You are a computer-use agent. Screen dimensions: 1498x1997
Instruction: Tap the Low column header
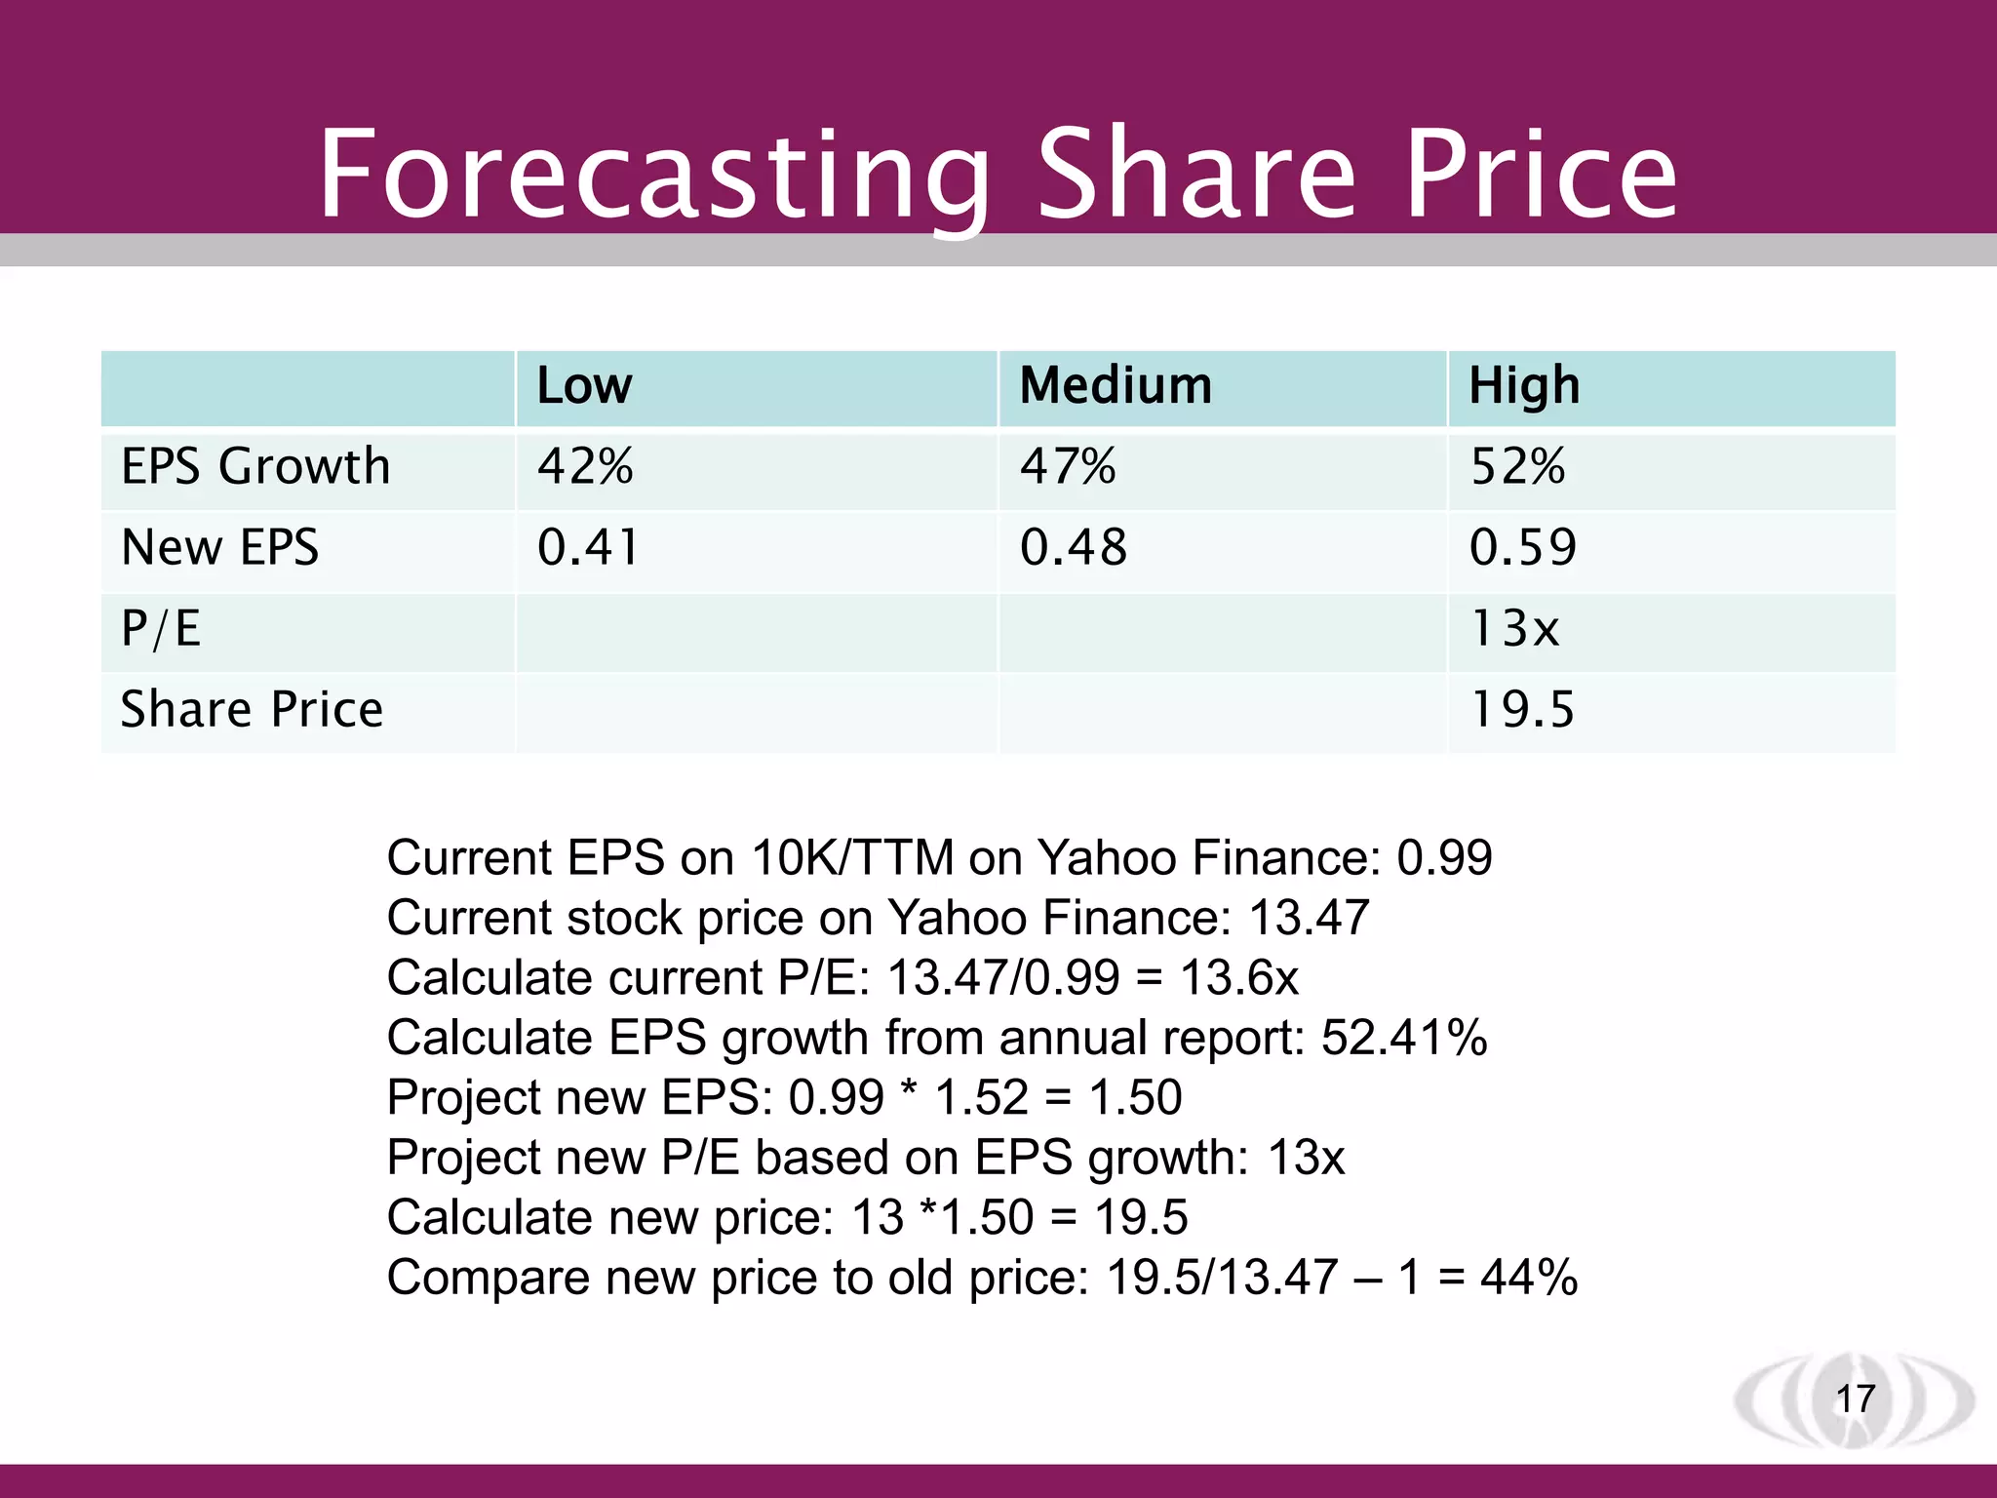[584, 385]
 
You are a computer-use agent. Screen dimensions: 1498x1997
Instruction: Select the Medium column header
[1116, 385]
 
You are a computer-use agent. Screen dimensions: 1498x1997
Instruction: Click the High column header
[1524, 385]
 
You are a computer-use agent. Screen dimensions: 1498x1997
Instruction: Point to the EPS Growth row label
[255, 466]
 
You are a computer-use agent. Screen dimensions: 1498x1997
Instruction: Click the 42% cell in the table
[585, 466]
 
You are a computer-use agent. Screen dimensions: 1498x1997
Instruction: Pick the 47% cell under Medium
[1068, 466]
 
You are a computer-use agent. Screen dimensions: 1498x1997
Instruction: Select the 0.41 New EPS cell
[588, 547]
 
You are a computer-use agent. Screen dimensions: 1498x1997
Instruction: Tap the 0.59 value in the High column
[1522, 547]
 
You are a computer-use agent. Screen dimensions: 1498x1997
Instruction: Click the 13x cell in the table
[1514, 628]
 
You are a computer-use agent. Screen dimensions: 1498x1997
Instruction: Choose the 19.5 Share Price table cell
[1521, 709]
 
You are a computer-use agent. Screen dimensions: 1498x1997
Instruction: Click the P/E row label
[161, 628]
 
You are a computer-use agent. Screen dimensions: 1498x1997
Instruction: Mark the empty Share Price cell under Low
[756, 712]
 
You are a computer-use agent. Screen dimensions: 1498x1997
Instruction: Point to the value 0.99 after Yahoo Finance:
[1444, 858]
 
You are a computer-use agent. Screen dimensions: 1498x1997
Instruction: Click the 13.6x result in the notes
[1239, 977]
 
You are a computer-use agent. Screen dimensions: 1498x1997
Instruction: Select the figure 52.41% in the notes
[1404, 1038]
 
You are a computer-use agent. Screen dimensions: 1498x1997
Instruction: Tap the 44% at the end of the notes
[1528, 1278]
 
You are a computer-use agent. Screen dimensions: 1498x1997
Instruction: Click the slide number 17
[1855, 1399]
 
